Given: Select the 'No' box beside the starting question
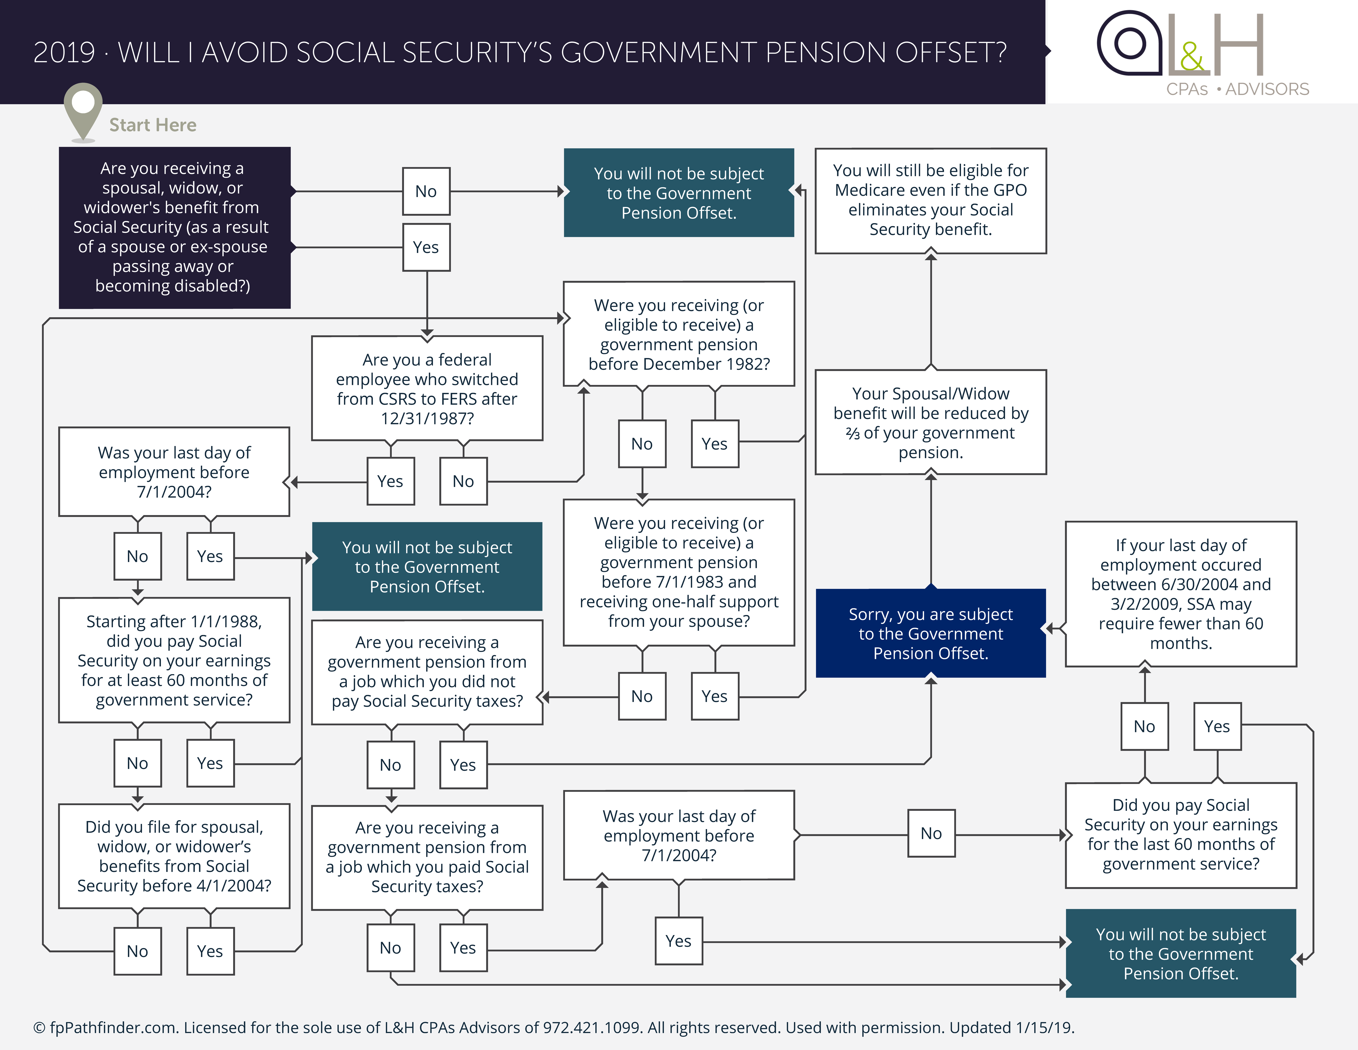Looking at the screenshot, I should (x=426, y=191).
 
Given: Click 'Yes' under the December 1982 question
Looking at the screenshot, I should (x=715, y=444).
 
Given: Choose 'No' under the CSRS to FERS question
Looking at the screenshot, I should (x=463, y=481).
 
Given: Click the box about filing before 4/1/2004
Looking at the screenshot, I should (x=174, y=856).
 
